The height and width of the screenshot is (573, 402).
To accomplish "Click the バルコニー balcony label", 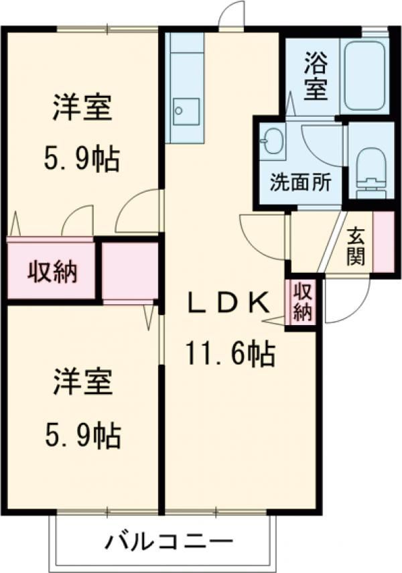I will (x=168, y=541).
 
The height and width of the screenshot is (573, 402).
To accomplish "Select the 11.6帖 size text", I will (x=230, y=353).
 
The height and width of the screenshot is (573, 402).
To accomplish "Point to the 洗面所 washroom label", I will (x=300, y=182).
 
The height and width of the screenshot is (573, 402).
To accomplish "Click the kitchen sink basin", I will (x=185, y=111).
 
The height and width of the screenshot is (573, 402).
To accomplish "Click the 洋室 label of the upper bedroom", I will (x=82, y=109).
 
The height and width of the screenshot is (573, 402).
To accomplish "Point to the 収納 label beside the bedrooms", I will (x=52, y=271).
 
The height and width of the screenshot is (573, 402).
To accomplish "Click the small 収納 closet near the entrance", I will (x=302, y=302).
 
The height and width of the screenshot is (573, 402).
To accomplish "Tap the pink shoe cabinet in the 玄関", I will (x=383, y=242).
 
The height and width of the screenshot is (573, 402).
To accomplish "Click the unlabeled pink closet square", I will (x=130, y=270).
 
